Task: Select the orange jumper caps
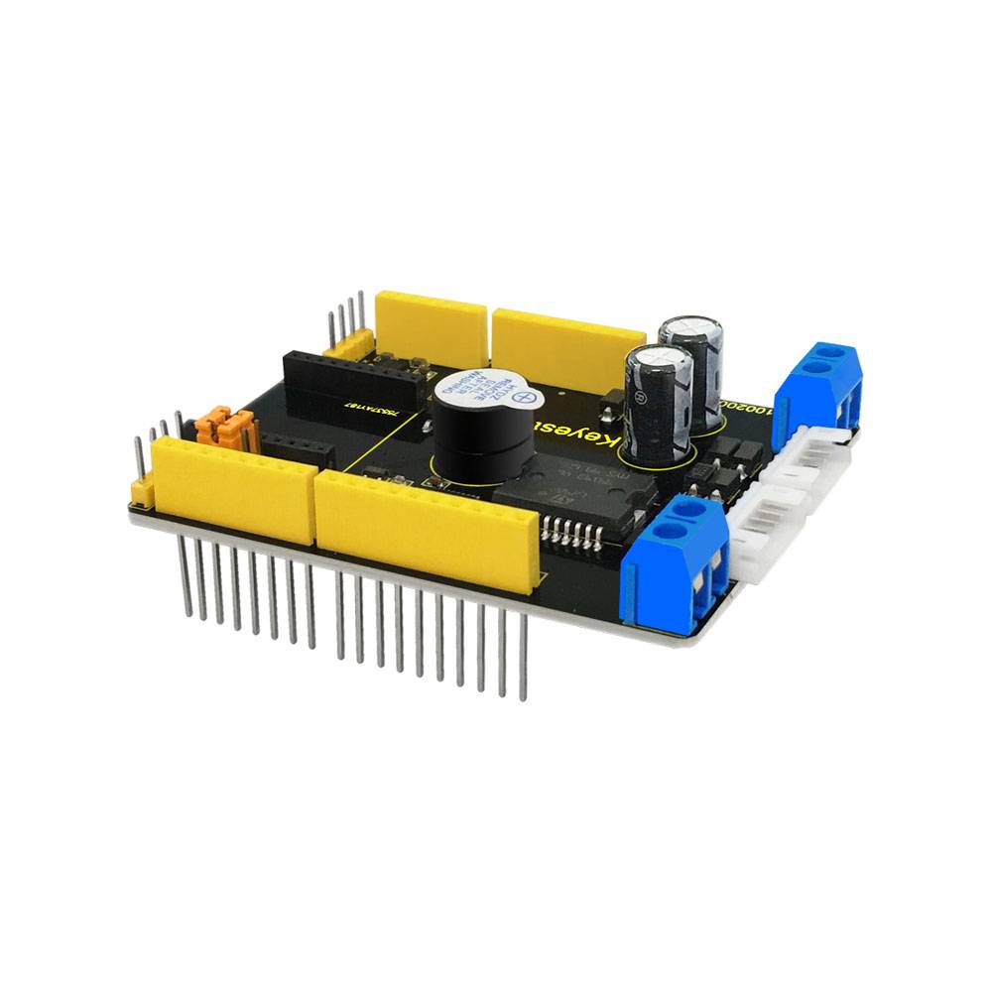(x=227, y=428)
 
